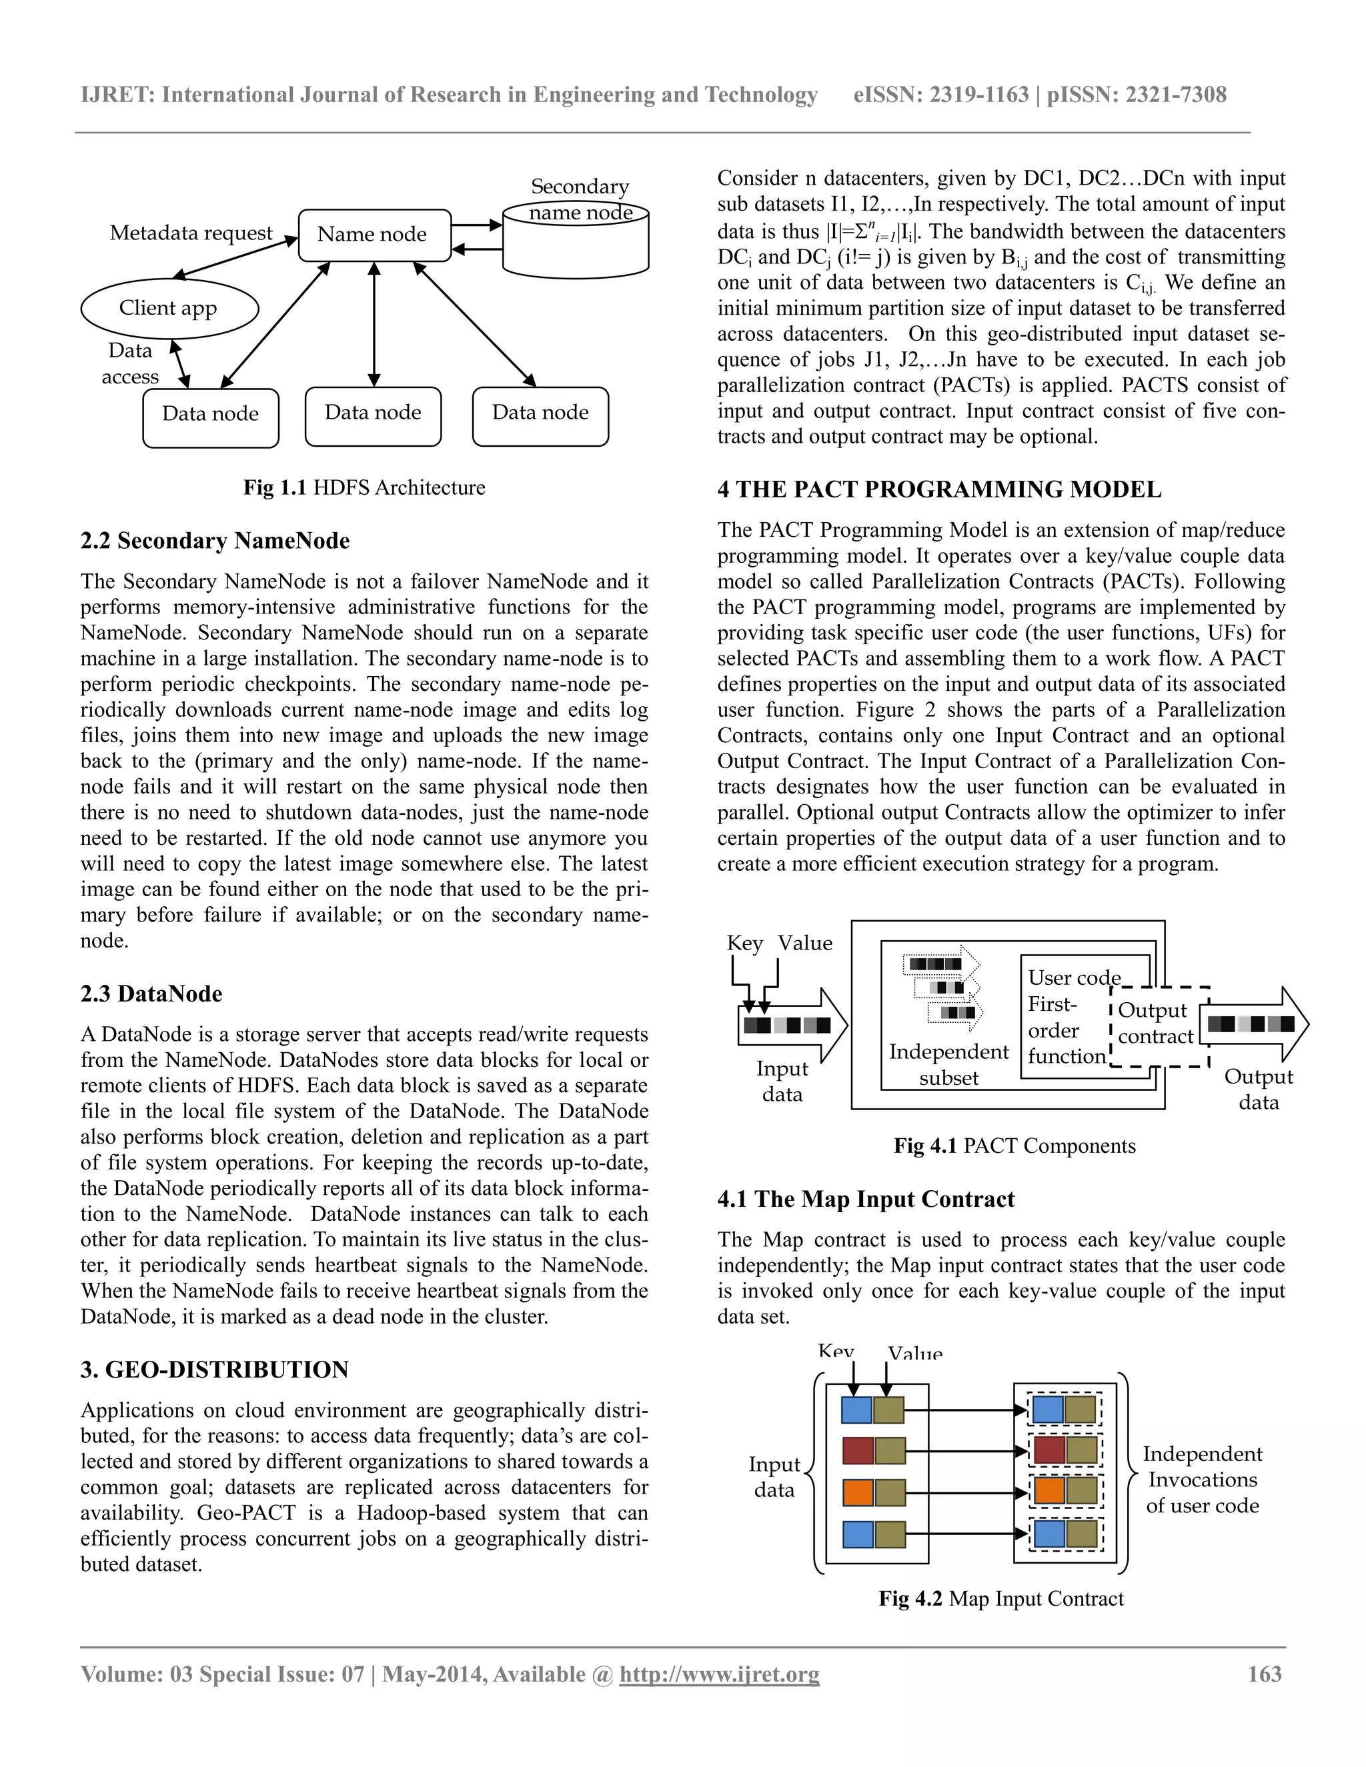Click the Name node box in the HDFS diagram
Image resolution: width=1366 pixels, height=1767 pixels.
click(x=374, y=235)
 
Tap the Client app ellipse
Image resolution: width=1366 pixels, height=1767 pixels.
click(x=169, y=308)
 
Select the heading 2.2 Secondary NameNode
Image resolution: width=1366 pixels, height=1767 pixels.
click(x=215, y=541)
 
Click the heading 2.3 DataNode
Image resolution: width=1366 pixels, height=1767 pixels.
click(x=151, y=994)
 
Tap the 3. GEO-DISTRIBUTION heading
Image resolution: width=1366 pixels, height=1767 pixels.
click(x=215, y=1370)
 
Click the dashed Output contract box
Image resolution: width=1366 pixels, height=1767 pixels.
click(x=1157, y=1024)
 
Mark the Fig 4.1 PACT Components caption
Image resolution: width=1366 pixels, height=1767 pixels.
click(x=1014, y=1146)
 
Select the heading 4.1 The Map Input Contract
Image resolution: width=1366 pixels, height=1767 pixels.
click(x=865, y=1199)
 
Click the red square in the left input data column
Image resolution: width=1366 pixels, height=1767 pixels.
click(x=857, y=1451)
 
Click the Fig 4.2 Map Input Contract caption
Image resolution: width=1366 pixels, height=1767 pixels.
click(x=1001, y=1599)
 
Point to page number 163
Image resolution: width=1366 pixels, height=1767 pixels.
click(x=1264, y=1674)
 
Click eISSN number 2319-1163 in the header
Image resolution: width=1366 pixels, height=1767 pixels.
click(x=978, y=95)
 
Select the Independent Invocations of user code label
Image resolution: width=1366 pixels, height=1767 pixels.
click(x=1202, y=1480)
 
